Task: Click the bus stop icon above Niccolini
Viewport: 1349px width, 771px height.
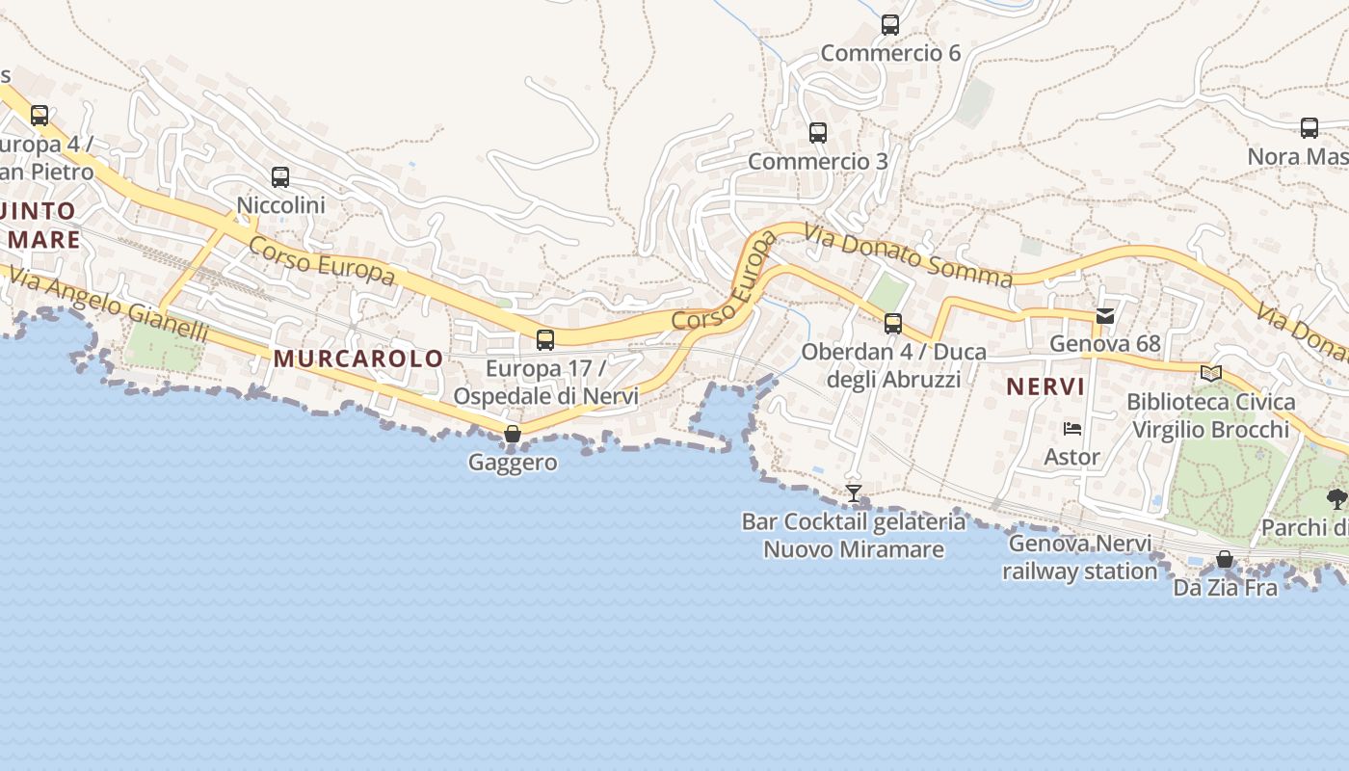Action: tap(280, 177)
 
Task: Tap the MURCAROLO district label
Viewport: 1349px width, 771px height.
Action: tap(358, 359)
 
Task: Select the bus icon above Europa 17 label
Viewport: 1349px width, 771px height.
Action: tap(545, 339)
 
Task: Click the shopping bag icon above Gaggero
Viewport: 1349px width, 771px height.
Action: tap(513, 434)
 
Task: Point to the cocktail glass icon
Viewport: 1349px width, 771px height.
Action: tap(854, 493)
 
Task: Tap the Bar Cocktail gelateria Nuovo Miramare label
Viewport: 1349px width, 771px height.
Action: tap(854, 536)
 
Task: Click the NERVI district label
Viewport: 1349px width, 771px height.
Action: tap(1045, 387)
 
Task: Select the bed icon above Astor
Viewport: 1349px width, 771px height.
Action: tap(1072, 428)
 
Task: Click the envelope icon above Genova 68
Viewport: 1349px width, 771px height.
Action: tap(1105, 315)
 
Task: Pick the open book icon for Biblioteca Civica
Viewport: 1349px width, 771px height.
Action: tap(1211, 373)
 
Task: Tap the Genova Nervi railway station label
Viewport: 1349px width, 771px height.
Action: tap(1080, 557)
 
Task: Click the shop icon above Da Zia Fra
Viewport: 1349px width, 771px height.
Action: tap(1225, 559)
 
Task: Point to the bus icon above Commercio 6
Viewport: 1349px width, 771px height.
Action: tap(890, 25)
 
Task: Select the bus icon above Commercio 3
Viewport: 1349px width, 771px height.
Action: tap(818, 133)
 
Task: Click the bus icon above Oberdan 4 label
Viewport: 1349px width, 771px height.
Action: tap(893, 324)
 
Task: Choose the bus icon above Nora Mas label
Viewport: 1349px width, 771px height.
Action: tap(1309, 128)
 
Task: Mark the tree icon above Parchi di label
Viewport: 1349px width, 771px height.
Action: tap(1336, 498)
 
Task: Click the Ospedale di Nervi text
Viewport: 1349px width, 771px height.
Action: tap(545, 396)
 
